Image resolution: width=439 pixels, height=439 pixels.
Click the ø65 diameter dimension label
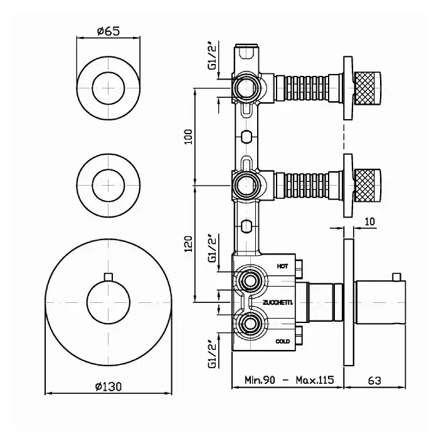108,31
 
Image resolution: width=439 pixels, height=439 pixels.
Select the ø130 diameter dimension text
108,387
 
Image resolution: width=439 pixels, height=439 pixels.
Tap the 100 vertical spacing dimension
189,137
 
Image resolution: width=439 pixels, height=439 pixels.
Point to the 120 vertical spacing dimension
189,244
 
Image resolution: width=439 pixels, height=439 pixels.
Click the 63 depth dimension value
374,381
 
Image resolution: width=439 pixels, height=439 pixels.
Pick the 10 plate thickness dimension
370,221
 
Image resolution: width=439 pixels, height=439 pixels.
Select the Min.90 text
260,380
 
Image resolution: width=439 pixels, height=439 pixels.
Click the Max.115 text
315,380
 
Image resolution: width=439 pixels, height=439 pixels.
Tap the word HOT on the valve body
282,267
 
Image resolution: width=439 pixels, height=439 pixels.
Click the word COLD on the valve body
282,341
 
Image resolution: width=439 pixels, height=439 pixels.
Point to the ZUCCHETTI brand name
278,303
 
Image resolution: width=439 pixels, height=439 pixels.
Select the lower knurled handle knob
368,185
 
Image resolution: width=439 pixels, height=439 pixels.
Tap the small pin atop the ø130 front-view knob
108,277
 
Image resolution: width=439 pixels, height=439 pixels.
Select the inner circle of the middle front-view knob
108,185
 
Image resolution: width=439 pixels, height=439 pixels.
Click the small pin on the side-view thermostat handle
396,277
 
